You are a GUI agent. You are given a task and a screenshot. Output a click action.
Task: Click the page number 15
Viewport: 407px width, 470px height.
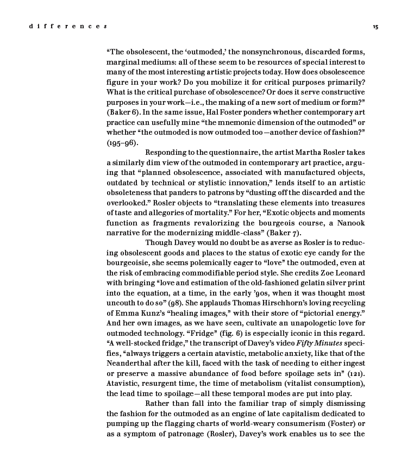375,27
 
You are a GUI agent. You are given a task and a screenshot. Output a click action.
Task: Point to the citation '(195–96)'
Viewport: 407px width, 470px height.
123,143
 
